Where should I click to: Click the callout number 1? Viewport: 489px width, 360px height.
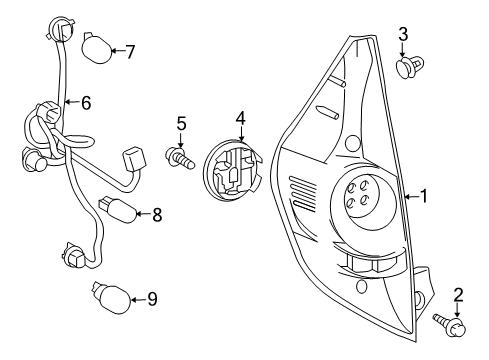point(423,197)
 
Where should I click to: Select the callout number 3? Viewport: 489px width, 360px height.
point(403,35)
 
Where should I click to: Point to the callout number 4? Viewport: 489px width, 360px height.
point(240,119)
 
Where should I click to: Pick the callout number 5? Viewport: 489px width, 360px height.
point(181,124)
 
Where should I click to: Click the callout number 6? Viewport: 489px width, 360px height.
point(86,101)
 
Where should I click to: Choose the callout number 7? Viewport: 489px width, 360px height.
point(130,51)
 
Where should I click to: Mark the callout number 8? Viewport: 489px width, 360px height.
point(156,213)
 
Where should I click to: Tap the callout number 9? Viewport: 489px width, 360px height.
point(153,298)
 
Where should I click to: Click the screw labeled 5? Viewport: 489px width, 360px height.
point(178,157)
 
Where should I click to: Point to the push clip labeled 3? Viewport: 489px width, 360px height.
point(405,68)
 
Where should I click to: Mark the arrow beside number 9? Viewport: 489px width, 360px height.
point(137,297)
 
